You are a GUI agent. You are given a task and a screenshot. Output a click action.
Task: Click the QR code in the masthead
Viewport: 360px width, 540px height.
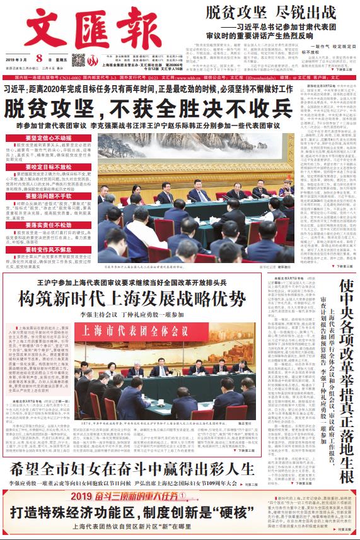coord(78,61)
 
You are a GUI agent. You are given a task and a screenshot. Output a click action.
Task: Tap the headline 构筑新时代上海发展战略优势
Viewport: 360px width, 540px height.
coord(132,296)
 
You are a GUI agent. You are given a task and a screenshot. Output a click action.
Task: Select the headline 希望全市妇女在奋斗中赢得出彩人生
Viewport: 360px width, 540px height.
coord(132,469)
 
